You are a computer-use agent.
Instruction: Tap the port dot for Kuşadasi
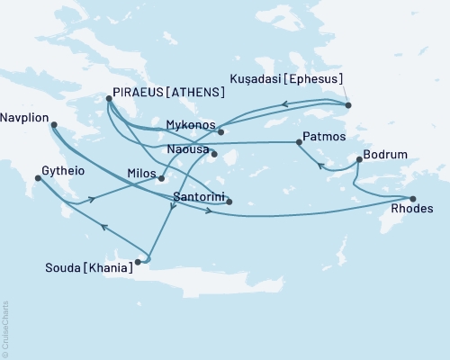(348, 105)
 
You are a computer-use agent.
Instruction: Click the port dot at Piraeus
(109, 99)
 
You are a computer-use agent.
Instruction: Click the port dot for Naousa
(214, 154)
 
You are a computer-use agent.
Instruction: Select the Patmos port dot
(299, 142)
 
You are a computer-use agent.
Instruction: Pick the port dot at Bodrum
(359, 160)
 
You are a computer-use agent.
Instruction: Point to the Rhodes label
(413, 209)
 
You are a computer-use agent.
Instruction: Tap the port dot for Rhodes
(412, 199)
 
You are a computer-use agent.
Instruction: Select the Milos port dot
(162, 177)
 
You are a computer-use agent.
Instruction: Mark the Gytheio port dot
(37, 178)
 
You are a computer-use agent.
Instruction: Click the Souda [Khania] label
(88, 266)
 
